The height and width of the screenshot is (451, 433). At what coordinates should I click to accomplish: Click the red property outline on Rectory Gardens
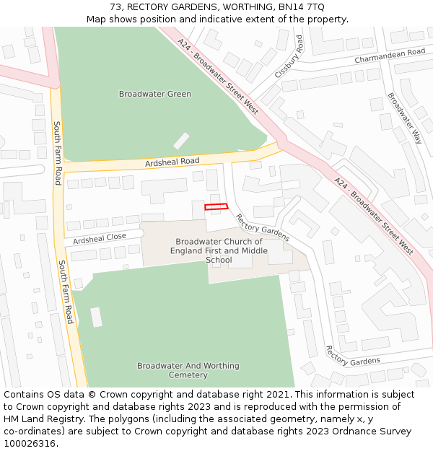[x=216, y=207]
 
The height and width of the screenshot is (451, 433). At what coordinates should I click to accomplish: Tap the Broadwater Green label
[x=155, y=94]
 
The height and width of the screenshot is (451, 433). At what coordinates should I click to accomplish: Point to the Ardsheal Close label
[x=100, y=237]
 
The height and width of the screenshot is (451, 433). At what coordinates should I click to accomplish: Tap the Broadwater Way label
[x=404, y=118]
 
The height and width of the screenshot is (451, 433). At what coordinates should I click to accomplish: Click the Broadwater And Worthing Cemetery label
[x=188, y=370]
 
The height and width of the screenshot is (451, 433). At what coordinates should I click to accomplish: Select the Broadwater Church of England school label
[x=219, y=250]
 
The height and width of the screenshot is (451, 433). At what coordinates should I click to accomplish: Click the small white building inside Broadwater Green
[x=181, y=141]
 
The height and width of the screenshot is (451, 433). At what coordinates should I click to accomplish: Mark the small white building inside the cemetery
[x=96, y=317]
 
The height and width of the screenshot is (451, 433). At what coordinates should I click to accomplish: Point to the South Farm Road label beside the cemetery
[x=66, y=292]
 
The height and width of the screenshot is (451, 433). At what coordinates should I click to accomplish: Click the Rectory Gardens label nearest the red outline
[x=262, y=227]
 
